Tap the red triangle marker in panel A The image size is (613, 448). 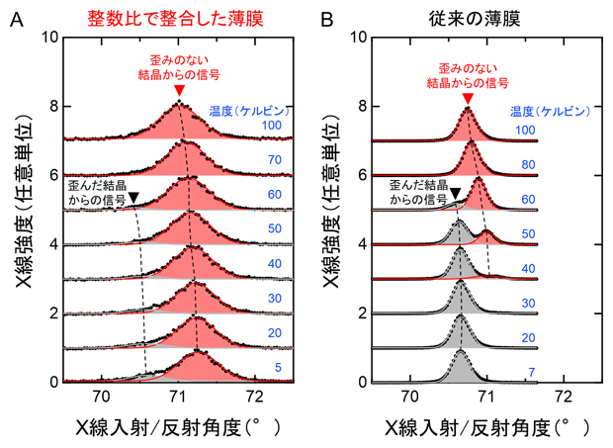coord(178,91)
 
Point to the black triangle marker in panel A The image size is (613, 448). coord(134,199)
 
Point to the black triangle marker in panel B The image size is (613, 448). coord(455,194)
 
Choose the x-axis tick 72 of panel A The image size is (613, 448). coord(255,398)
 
